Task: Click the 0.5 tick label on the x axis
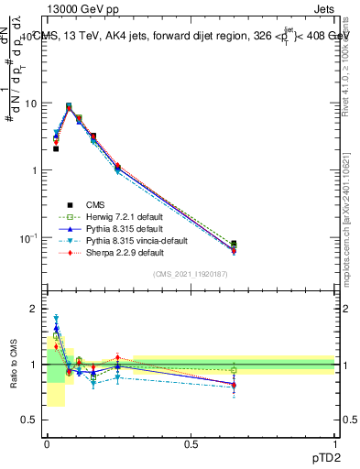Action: tap(191, 442)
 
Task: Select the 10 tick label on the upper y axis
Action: tap(30, 104)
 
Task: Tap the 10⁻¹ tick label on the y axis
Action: tap(27, 238)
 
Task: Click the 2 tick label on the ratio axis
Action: tap(33, 310)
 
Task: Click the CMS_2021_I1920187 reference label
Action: tap(191, 274)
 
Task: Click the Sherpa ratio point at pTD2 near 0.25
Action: tap(117, 357)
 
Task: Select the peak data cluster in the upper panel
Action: tap(69, 107)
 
